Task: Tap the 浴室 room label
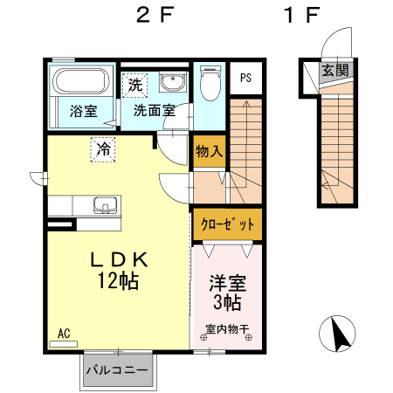click(x=83, y=112)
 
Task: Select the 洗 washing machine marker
click(x=134, y=85)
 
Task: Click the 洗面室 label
click(x=155, y=112)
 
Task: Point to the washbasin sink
click(x=173, y=85)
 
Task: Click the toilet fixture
click(x=210, y=85)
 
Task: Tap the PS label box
click(x=246, y=77)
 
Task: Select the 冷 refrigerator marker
click(x=104, y=149)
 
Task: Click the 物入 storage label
click(x=209, y=151)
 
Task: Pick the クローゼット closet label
click(x=226, y=224)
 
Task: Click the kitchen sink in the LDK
click(x=106, y=206)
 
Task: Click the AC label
click(x=64, y=333)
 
